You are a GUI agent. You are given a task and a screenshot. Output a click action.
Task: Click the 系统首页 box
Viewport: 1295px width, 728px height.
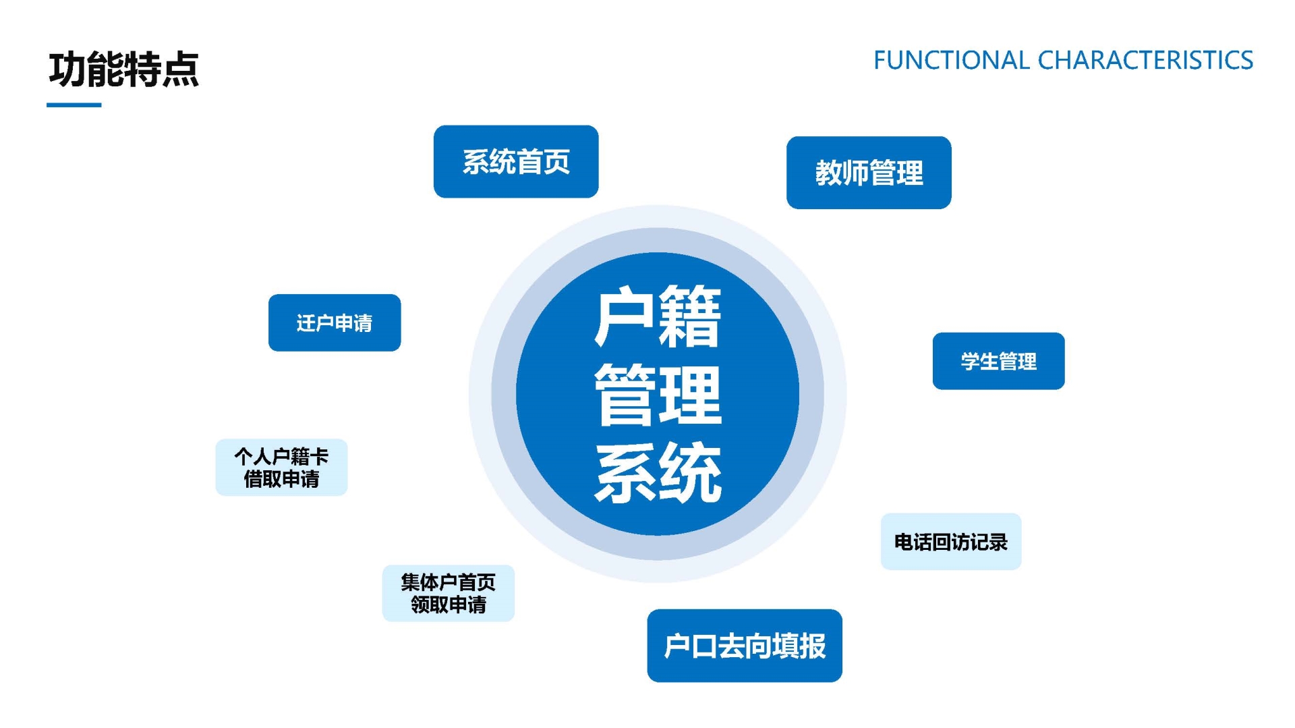[516, 162]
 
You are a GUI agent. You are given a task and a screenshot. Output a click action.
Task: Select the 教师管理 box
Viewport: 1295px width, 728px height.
[869, 173]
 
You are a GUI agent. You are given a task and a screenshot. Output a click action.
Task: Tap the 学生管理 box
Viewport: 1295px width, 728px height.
[998, 361]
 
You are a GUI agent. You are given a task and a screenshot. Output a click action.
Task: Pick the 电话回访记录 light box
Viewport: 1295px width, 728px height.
[950, 542]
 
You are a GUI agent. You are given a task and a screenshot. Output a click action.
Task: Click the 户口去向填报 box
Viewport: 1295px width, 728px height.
[744, 646]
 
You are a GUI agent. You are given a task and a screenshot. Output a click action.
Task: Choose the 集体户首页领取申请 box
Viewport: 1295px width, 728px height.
[448, 593]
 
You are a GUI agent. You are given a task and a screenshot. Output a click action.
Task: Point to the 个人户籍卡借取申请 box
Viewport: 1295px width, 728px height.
[281, 468]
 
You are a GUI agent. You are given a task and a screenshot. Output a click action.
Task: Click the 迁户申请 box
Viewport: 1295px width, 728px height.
[335, 323]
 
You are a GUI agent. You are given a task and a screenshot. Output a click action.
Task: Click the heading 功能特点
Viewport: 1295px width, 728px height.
[123, 69]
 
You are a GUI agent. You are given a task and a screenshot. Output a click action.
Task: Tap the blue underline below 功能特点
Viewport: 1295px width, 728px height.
[74, 105]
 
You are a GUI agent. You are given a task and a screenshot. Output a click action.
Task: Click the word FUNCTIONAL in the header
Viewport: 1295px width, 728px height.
[951, 61]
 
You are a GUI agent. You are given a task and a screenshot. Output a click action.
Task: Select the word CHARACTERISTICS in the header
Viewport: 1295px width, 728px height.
[1145, 61]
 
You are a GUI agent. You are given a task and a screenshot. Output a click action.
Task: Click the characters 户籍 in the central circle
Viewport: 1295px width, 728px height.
[658, 316]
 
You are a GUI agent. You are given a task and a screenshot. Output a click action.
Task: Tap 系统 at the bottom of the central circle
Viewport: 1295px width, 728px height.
[658, 474]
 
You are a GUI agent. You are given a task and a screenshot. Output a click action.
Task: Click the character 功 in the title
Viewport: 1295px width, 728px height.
[67, 69]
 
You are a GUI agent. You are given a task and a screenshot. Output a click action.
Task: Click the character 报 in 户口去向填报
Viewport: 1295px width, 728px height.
[812, 646]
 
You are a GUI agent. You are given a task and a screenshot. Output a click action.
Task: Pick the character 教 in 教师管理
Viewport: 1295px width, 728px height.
[828, 173]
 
